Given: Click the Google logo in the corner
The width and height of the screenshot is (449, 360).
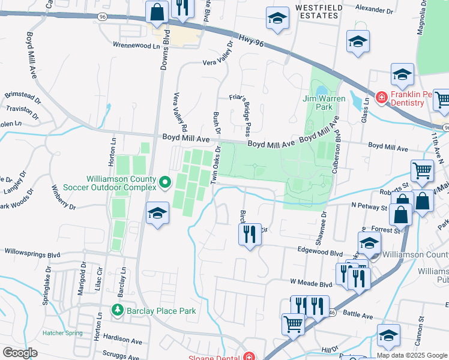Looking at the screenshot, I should (20, 352).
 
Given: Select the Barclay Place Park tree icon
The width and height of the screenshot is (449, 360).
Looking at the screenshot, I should (118, 310).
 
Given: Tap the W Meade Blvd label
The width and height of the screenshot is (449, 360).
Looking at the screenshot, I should (311, 283).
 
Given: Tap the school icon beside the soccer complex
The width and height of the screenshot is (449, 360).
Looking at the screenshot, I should (157, 213).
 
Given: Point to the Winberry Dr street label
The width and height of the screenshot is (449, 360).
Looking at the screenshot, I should (62, 199).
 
